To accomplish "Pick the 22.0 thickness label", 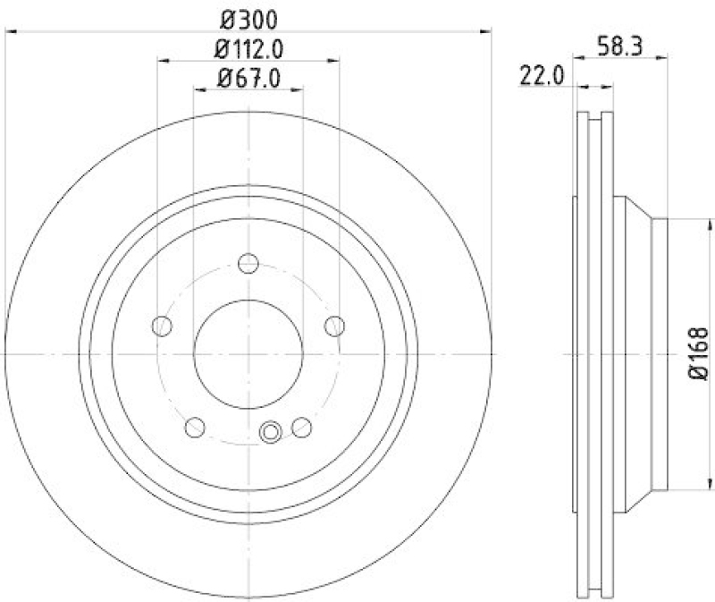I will pyautogui.click(x=540, y=76).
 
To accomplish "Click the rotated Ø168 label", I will pyautogui.click(x=698, y=354).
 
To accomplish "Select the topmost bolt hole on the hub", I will pyautogui.click(x=248, y=264).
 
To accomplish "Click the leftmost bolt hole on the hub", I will pyautogui.click(x=162, y=326).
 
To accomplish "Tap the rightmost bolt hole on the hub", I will pyautogui.click(x=334, y=325).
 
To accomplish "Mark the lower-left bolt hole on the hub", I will pyautogui.click(x=195, y=427).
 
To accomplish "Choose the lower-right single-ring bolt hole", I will pyautogui.click(x=302, y=427).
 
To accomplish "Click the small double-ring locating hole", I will pyautogui.click(x=271, y=433).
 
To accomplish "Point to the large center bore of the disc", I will pyautogui.click(x=248, y=354).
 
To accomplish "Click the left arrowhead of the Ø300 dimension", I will pyautogui.click(x=11, y=30).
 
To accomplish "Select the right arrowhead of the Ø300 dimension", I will pyautogui.click(x=487, y=30).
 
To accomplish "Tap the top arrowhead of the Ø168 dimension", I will pyautogui.click(x=684, y=223).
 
